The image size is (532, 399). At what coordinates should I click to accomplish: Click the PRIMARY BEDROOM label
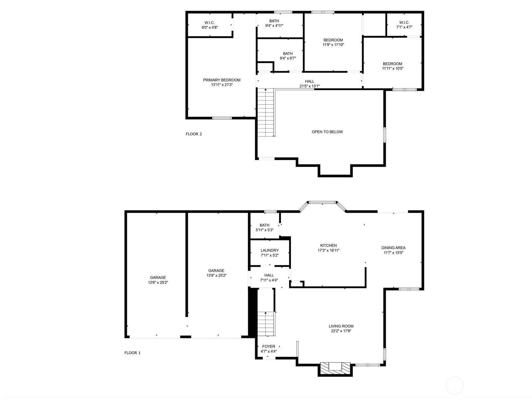222,80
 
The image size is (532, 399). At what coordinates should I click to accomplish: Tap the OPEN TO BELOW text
327,132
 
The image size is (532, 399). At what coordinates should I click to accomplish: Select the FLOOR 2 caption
194,134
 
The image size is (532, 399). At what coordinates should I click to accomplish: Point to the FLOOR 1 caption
132,353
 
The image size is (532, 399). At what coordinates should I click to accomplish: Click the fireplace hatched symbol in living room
335,368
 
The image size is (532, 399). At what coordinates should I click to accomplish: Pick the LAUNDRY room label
269,250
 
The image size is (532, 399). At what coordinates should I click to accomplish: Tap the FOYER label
268,346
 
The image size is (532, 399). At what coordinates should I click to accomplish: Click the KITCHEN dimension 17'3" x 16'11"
328,250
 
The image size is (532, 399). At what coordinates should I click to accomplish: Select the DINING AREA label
393,248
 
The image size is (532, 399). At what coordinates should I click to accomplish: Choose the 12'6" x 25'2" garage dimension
158,282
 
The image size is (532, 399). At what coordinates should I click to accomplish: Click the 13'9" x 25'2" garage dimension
216,275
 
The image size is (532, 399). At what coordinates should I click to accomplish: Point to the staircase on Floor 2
266,113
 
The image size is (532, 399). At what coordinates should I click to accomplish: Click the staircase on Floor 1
266,324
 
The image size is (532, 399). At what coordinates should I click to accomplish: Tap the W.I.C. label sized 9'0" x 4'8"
209,23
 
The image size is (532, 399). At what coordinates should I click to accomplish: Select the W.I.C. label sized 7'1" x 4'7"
404,23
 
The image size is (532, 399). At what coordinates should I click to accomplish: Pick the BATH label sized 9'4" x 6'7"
288,54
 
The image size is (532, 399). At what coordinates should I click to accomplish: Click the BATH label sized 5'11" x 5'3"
265,225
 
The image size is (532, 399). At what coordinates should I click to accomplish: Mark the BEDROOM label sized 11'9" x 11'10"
333,40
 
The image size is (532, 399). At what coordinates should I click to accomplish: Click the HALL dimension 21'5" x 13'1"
309,86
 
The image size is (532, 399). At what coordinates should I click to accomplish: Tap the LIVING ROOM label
341,326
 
